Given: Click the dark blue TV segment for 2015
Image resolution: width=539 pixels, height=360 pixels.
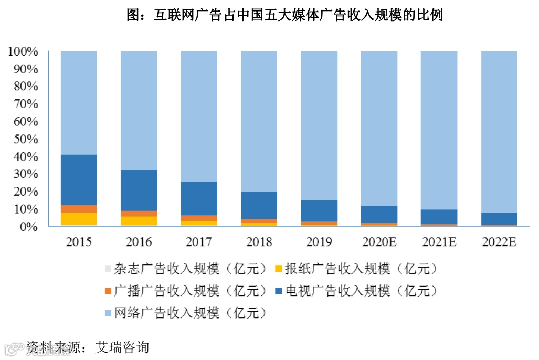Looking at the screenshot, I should tap(79, 179).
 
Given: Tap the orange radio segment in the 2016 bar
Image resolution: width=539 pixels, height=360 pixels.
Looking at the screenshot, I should tap(139, 214).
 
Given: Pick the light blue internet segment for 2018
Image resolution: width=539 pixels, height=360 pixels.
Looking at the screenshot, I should tap(259, 121).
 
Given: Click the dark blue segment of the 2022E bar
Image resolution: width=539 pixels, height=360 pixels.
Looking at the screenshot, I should tap(499, 218).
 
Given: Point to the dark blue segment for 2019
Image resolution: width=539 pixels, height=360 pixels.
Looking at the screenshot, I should tap(319, 210).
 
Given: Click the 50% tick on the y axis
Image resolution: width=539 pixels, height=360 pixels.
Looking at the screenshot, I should tap(23, 139).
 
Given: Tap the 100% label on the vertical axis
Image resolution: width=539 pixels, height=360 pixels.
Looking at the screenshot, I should tap(23, 51).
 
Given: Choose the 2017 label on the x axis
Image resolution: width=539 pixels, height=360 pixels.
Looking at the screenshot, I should tap(199, 242).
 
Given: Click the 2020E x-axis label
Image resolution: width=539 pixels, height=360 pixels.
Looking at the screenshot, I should tap(379, 242).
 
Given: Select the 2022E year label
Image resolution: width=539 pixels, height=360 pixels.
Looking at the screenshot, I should tap(499, 242).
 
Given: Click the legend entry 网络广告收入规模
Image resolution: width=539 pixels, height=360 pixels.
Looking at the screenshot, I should tap(186, 313).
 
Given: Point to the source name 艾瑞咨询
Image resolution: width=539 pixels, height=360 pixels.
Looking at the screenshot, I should tap(122, 347).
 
